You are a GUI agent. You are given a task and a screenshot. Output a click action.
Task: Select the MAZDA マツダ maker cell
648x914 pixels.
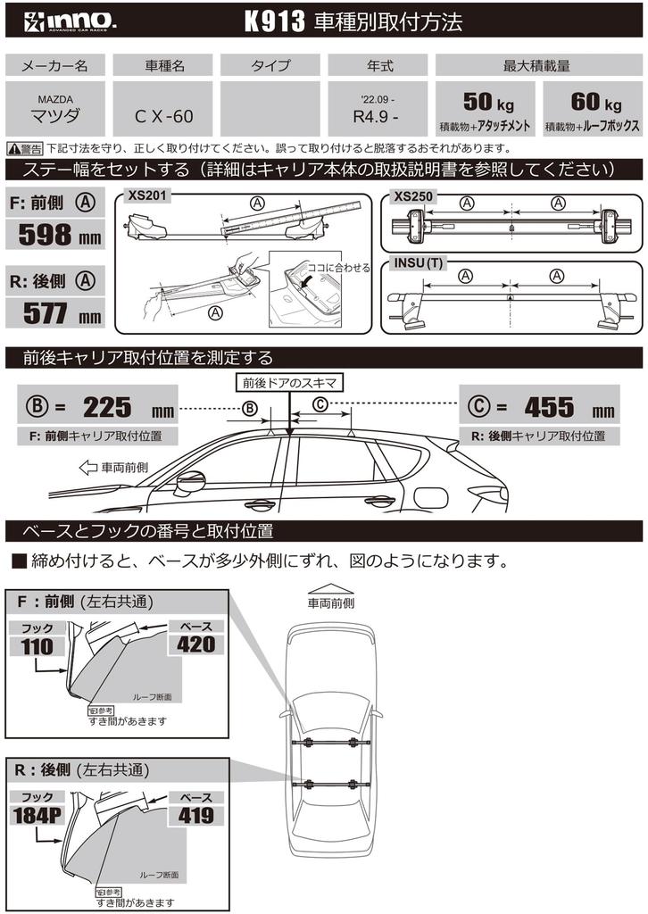[56, 108]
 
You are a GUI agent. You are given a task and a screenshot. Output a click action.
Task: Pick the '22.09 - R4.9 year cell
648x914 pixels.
[379, 108]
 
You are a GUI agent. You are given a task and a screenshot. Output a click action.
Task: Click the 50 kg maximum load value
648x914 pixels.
[487, 102]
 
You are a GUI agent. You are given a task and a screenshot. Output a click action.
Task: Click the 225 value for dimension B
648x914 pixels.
[107, 408]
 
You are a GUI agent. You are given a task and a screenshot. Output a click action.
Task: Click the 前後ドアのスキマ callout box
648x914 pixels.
[288, 382]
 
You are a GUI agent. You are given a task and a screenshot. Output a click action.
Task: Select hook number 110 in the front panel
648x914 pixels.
[37, 647]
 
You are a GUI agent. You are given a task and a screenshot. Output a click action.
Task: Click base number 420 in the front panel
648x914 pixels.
[195, 644]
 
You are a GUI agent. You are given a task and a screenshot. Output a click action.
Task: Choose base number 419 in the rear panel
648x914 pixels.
[195, 814]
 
